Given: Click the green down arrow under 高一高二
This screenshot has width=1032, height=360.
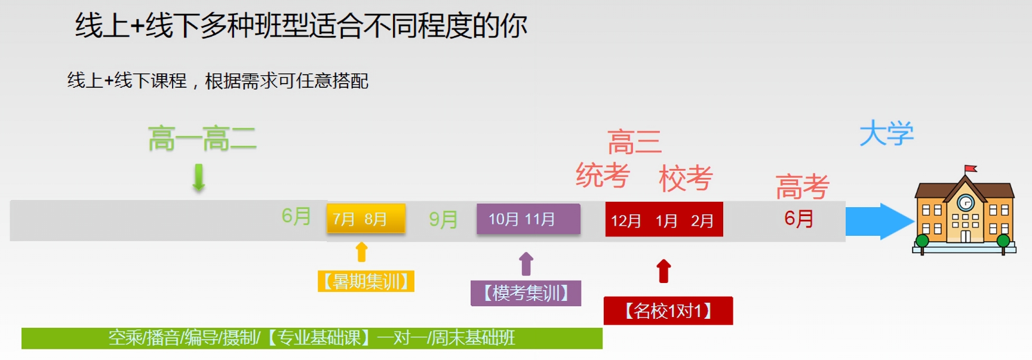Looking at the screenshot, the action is pyautogui.click(x=199, y=178).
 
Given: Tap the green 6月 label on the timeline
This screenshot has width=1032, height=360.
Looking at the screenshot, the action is pyautogui.click(x=296, y=216).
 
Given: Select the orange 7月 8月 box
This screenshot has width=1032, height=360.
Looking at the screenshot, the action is pyautogui.click(x=365, y=219).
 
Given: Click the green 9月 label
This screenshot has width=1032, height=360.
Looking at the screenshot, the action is pyautogui.click(x=443, y=220).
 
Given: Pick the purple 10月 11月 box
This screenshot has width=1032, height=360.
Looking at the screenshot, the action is pyautogui.click(x=528, y=219).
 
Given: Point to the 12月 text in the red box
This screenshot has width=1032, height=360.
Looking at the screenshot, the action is pyautogui.click(x=625, y=221).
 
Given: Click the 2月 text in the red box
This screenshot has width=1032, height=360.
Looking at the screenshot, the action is pyautogui.click(x=702, y=221).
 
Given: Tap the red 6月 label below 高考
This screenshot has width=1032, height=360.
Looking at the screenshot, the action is pyautogui.click(x=799, y=219).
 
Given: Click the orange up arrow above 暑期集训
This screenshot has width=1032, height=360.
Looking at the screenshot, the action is pyautogui.click(x=361, y=252).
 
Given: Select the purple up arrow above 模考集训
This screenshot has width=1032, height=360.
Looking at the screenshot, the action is pyautogui.click(x=526, y=264).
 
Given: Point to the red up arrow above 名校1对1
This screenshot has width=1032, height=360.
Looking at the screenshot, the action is pyautogui.click(x=664, y=270).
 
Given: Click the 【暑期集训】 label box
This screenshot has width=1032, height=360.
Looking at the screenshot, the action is pyautogui.click(x=365, y=281).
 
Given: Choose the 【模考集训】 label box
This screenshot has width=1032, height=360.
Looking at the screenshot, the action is pyautogui.click(x=526, y=293).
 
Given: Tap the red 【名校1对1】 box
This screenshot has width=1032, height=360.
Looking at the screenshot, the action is pyautogui.click(x=668, y=310).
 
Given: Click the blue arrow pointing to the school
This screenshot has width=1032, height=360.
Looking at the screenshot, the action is pyautogui.click(x=880, y=221).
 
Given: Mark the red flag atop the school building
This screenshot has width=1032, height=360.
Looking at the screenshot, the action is pyautogui.click(x=970, y=168).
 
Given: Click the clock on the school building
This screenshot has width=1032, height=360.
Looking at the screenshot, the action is pyautogui.click(x=965, y=203).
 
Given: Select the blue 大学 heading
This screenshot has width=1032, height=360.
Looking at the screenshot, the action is pyautogui.click(x=887, y=133).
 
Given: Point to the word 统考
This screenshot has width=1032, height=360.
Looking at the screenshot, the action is pyautogui.click(x=603, y=176).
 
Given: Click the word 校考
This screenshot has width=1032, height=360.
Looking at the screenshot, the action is pyautogui.click(x=686, y=178).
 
